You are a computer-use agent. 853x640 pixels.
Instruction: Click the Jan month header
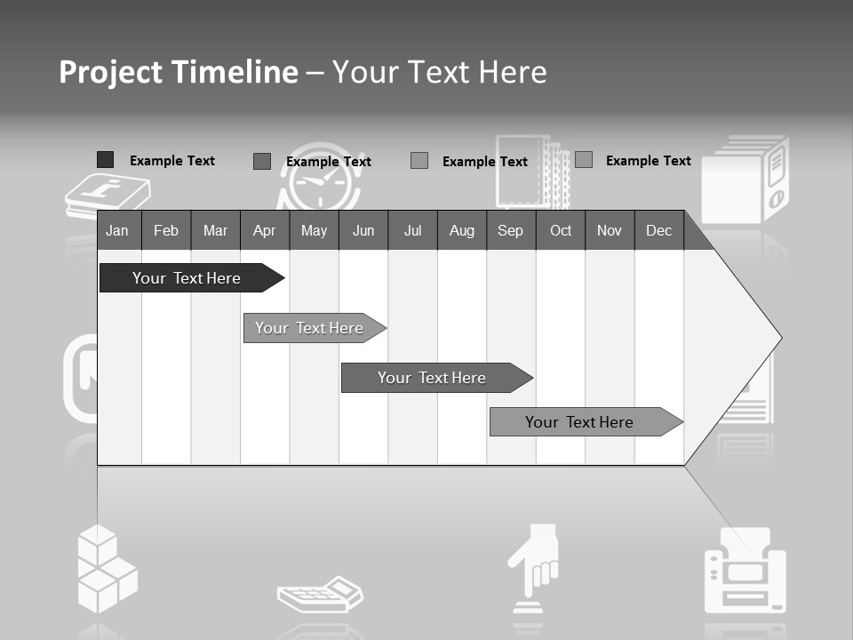(117, 231)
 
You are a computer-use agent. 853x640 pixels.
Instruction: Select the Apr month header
(264, 231)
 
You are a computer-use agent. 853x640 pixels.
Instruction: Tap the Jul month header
(412, 231)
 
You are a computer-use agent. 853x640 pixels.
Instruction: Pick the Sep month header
(510, 231)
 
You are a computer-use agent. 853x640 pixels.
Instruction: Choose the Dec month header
(658, 231)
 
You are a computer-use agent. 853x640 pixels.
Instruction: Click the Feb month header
(166, 231)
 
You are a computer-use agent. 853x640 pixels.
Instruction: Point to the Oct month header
(561, 231)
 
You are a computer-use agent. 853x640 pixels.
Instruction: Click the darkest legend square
(105, 160)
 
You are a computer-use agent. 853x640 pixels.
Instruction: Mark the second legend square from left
(261, 161)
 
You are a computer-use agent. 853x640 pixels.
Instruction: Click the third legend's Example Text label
(484, 162)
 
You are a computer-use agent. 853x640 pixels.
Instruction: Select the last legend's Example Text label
(648, 161)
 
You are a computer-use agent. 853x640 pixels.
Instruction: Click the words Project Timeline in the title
(178, 72)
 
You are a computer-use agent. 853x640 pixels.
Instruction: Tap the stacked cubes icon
(106, 569)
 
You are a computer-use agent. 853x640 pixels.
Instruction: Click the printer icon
(745, 573)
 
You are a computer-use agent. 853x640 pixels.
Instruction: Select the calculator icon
(320, 594)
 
